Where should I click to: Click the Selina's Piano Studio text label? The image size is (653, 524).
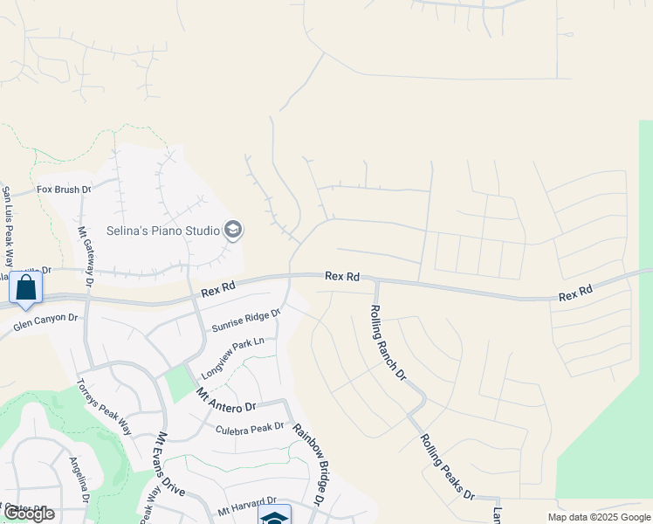162,231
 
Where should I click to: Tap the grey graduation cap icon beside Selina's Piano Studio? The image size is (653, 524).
233,231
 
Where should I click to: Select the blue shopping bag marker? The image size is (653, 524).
26,287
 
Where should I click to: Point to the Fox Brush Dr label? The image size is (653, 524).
64,189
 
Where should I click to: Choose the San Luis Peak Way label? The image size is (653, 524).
8,227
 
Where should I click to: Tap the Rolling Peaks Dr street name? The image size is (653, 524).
446,467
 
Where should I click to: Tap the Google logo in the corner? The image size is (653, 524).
29,514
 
